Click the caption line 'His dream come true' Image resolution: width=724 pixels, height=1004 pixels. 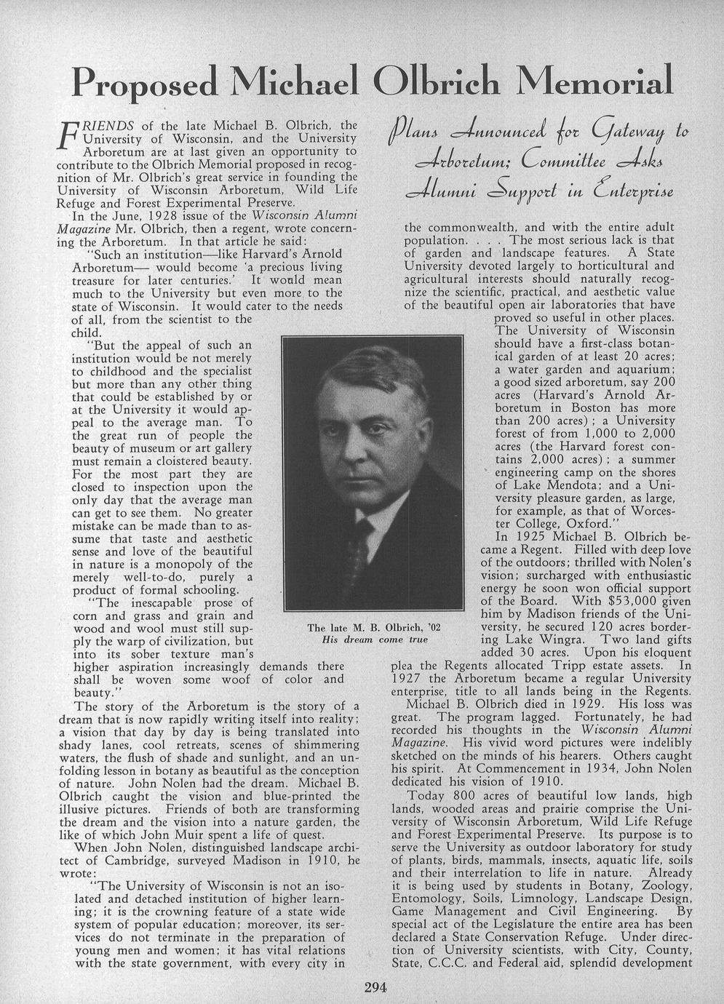(374, 640)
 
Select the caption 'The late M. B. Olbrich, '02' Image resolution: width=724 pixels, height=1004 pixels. (374, 628)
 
